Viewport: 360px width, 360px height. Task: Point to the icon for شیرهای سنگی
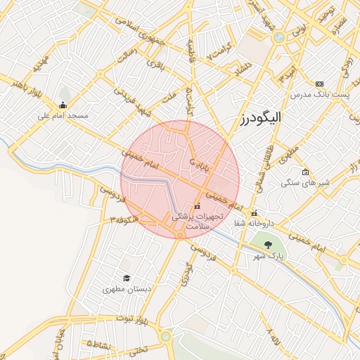304,172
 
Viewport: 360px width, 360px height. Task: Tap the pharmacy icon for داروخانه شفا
255,213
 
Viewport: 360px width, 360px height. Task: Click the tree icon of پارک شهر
269,245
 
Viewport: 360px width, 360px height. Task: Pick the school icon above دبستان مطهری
127,278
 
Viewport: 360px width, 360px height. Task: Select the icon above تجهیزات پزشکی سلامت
196,206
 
